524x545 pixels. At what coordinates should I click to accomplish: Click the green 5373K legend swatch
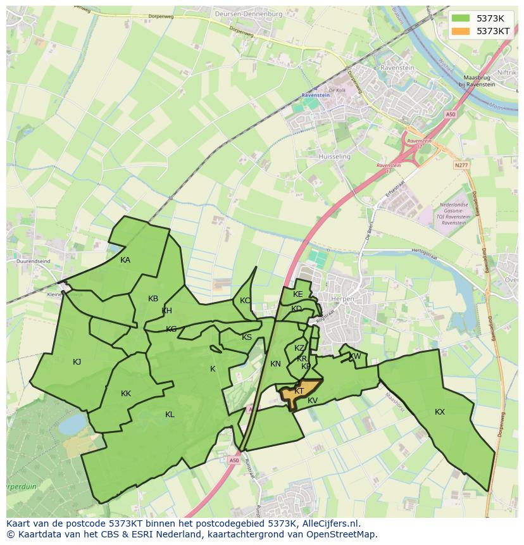pos(460,18)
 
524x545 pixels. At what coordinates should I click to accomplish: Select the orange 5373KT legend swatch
pos(460,30)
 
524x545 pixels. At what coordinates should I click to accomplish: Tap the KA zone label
pos(125,260)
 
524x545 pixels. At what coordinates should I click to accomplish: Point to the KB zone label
pos(153,299)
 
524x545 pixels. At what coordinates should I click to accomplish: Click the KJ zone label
pos(77,362)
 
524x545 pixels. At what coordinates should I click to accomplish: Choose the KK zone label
pos(126,394)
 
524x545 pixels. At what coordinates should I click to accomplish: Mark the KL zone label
pos(170,415)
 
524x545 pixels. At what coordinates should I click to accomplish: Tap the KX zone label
pos(440,412)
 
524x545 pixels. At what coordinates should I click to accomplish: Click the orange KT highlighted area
pos(303,392)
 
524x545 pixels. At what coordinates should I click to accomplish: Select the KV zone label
pos(313,401)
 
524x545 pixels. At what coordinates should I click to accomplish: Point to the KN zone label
pos(275,364)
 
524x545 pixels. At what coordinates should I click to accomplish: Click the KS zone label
pos(247,337)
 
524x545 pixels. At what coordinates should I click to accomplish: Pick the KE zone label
pos(298,294)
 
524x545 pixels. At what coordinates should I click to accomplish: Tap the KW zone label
pos(355,356)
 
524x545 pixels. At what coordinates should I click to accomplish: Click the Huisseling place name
pos(335,156)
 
